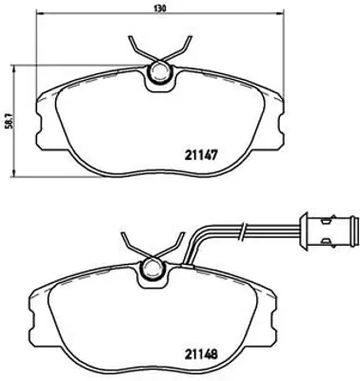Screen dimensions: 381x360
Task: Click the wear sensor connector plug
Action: [x=334, y=231]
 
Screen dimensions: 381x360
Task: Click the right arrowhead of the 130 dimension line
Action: [x=283, y=16]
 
